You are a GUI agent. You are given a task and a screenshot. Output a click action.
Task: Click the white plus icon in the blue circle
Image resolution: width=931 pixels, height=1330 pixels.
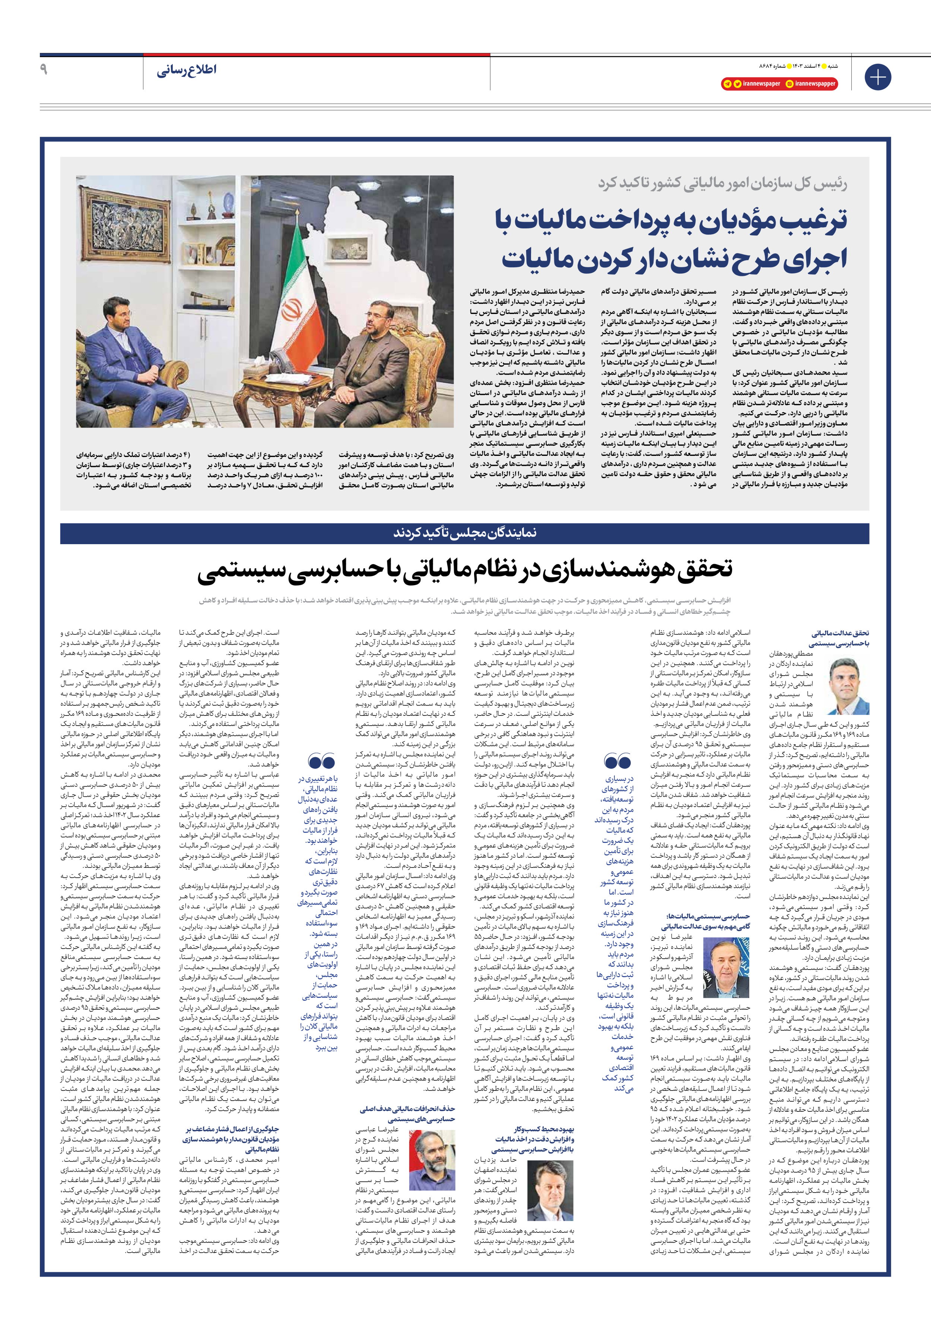878,77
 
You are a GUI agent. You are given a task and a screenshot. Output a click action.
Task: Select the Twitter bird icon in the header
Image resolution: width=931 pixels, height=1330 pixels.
737,84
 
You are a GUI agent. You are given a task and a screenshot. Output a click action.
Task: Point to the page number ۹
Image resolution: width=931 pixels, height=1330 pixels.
44,70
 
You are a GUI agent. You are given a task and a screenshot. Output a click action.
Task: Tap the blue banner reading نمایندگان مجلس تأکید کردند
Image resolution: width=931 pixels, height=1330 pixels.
465,533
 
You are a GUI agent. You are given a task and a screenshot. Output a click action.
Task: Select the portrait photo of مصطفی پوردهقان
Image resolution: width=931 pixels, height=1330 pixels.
848,686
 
